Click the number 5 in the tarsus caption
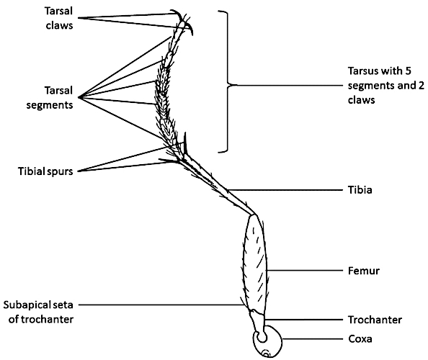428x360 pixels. tap(410, 73)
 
